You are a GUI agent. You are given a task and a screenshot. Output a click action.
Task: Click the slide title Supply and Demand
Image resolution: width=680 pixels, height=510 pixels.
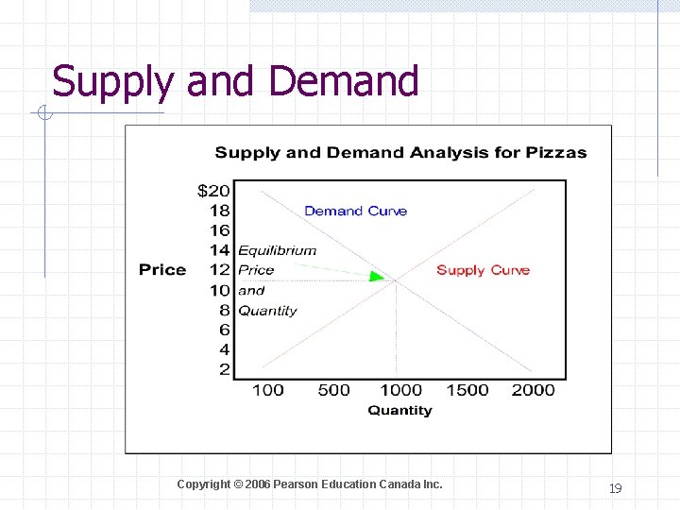(x=235, y=81)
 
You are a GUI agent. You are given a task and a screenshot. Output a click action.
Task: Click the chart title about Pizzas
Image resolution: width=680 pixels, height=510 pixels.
(x=400, y=152)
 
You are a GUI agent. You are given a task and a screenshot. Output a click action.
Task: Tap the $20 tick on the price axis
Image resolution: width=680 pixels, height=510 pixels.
(x=213, y=191)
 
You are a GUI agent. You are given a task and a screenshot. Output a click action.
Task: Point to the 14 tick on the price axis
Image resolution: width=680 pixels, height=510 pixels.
(x=219, y=250)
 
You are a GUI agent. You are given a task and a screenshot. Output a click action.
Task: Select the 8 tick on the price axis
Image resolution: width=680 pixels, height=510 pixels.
(x=224, y=310)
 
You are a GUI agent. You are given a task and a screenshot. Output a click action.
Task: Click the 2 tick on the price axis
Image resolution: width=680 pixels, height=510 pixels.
(x=224, y=369)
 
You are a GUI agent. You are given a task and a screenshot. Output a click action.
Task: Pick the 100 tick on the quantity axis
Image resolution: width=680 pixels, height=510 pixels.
(x=268, y=390)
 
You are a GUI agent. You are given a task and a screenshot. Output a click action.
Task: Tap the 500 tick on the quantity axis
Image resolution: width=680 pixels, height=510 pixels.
(x=333, y=390)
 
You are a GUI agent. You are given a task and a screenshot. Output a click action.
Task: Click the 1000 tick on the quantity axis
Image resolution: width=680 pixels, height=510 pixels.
(x=400, y=390)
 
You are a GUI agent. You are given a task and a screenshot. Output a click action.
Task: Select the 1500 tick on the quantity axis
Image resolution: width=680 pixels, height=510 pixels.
(x=467, y=390)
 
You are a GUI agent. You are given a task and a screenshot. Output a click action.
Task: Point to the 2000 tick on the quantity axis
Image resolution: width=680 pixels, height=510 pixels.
(x=534, y=390)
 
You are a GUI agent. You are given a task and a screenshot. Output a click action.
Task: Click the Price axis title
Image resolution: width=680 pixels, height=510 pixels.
(x=162, y=270)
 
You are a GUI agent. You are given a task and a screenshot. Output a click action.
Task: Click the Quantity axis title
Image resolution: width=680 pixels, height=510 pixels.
(x=399, y=411)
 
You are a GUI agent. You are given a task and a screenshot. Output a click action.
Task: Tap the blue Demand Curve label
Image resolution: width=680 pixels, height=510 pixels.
(x=355, y=211)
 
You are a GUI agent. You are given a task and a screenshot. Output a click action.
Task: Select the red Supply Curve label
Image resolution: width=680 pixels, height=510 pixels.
(x=483, y=270)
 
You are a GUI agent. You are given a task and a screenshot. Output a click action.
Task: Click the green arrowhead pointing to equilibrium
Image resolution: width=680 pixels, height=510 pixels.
(x=377, y=276)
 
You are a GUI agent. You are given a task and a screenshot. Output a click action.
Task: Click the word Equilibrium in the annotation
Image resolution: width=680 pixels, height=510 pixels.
(x=277, y=251)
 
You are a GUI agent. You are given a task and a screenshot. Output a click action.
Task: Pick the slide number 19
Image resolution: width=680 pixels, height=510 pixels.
(x=615, y=488)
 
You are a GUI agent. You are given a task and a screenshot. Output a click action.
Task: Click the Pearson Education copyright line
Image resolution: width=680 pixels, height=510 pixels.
(x=309, y=484)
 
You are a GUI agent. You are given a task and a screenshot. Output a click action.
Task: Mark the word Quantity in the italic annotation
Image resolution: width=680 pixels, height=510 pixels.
(x=267, y=311)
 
